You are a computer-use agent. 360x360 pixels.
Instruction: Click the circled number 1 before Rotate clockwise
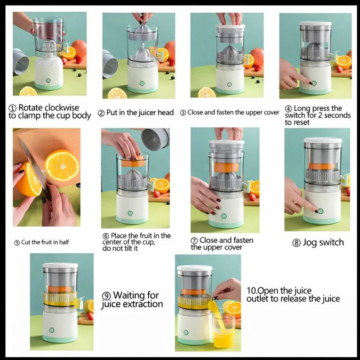(x=12, y=108)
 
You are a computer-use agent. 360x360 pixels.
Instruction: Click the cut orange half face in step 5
(x=62, y=165)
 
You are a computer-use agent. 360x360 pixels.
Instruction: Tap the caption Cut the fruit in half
(x=45, y=242)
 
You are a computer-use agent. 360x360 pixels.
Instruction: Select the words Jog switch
(x=323, y=242)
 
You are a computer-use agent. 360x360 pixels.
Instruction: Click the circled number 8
(x=296, y=243)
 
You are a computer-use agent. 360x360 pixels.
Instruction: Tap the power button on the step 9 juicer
(x=51, y=330)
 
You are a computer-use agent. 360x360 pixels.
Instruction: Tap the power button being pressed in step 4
(x=313, y=82)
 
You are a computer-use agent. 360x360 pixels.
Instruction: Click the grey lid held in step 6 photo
(x=155, y=139)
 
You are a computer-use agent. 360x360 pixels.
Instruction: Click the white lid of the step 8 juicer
(x=322, y=140)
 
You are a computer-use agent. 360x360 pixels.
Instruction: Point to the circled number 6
(x=105, y=236)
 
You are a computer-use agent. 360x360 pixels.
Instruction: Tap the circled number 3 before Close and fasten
(x=183, y=113)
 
